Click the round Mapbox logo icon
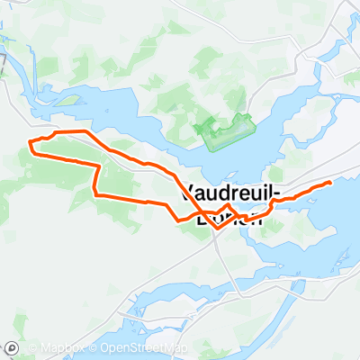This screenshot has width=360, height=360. point(12,348)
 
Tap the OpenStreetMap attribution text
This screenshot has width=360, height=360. point(144,348)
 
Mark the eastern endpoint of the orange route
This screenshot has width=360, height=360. point(330,182)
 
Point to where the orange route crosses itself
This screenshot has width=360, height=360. point(200,216)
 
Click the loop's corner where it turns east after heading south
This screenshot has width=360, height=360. point(96,194)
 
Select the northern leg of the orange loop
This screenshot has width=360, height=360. point(108,148)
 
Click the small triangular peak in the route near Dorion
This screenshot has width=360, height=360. point(229,207)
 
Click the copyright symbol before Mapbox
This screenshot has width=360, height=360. point(30,348)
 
